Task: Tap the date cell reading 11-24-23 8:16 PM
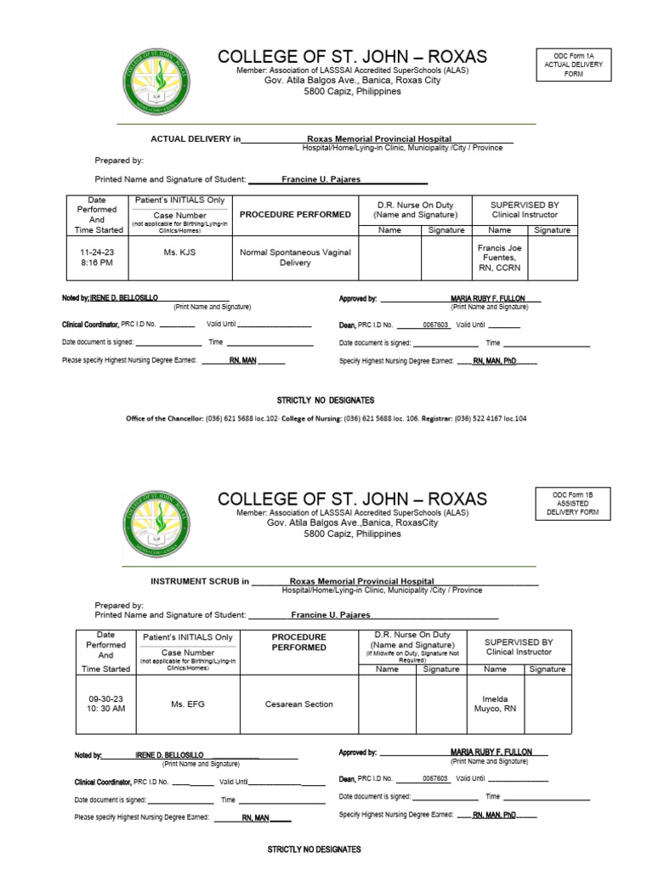click(x=96, y=257)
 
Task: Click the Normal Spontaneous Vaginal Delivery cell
click(x=295, y=257)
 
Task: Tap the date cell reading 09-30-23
click(x=106, y=703)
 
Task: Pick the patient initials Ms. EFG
click(x=189, y=703)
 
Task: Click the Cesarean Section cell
click(x=298, y=703)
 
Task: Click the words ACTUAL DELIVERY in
click(x=196, y=138)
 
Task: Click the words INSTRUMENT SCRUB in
click(x=200, y=582)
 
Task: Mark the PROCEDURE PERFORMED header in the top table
click(x=295, y=215)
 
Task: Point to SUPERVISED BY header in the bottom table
click(x=519, y=647)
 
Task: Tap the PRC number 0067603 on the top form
click(x=435, y=325)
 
